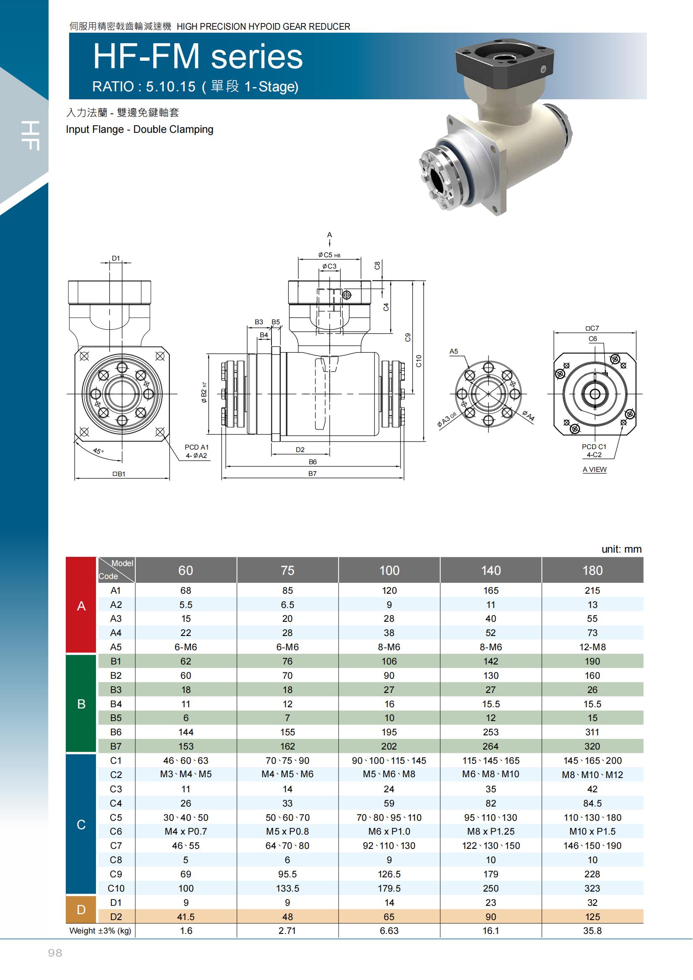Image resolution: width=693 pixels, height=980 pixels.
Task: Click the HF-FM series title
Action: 198,57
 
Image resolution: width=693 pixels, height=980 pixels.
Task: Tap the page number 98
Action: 55,953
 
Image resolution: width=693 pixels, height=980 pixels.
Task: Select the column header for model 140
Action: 491,570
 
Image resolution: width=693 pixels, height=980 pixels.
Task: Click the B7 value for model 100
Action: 389,746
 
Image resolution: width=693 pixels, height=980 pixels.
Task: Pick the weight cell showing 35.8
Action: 592,931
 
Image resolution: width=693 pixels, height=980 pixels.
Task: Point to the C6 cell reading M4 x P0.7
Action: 186,831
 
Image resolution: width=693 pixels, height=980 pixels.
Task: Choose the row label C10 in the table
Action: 116,888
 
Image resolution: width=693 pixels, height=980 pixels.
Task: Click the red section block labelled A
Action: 81,605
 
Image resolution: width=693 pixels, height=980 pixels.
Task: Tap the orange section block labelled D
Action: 81,910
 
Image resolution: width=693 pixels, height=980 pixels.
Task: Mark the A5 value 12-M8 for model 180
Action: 592,647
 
